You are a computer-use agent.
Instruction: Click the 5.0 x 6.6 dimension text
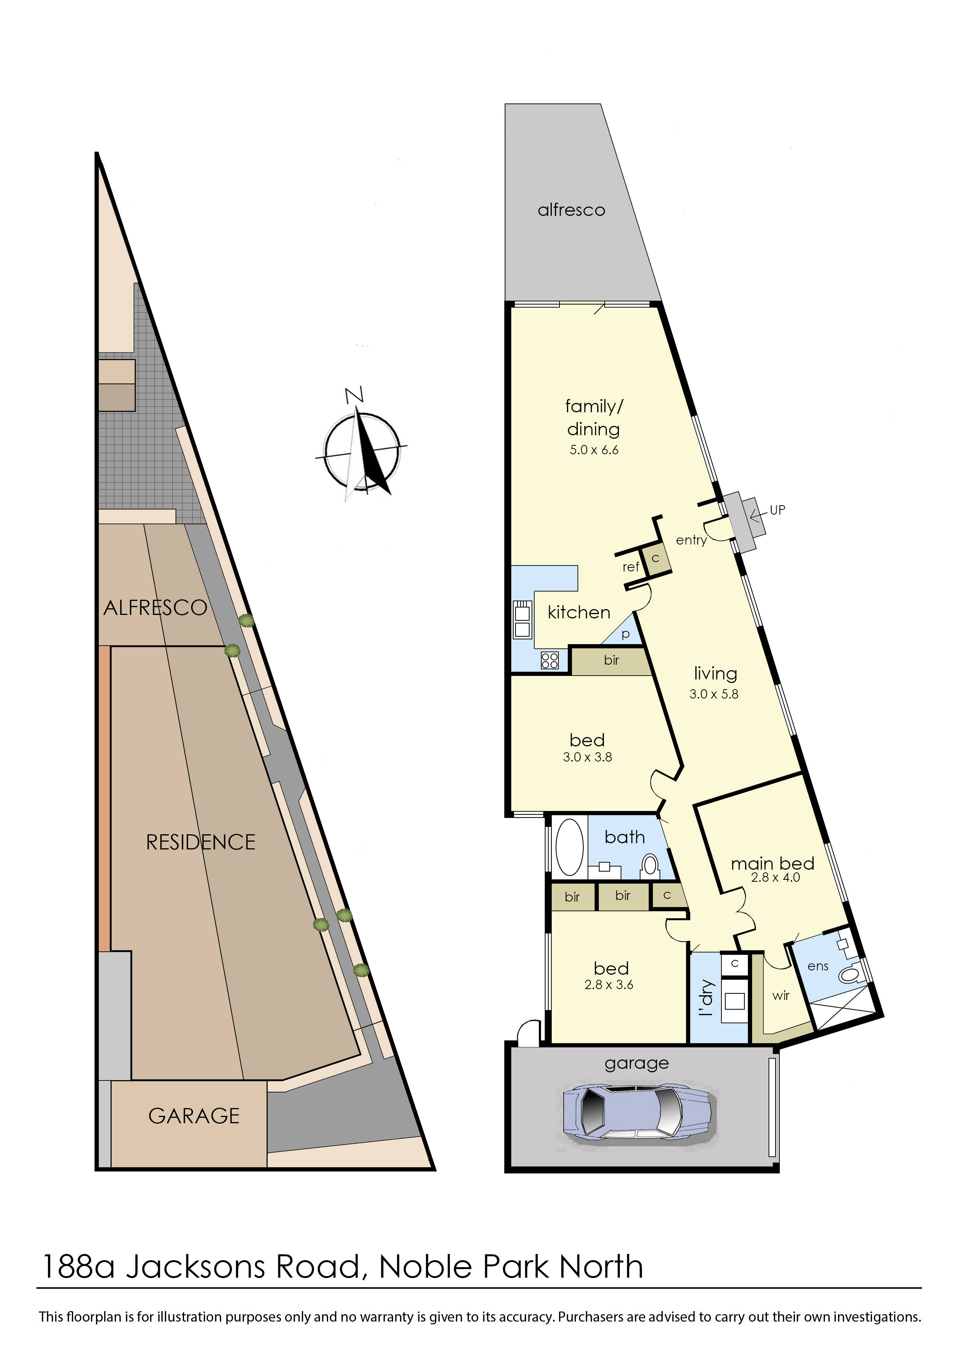[594, 450]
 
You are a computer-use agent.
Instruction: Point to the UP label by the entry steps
[777, 510]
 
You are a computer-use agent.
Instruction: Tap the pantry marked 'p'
[625, 634]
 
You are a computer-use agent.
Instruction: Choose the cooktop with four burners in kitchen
[550, 661]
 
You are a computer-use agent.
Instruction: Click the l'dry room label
[705, 998]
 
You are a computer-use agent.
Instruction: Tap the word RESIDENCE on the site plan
[201, 842]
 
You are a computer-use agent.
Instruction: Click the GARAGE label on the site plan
[194, 1116]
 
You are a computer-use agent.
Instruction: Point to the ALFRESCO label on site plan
[155, 608]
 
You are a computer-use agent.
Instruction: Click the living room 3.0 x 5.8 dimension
[714, 694]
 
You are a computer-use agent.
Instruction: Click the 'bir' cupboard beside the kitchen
[611, 660]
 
